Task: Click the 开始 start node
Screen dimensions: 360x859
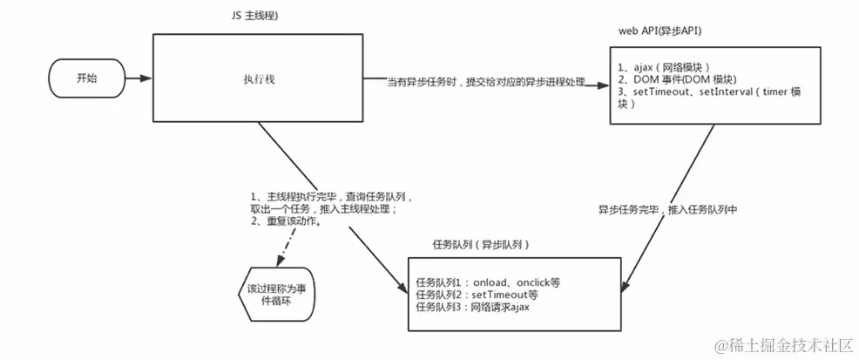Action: tap(86, 78)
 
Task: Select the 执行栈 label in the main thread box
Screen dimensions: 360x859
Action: tap(255, 78)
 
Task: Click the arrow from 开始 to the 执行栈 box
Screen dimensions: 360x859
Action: tap(139, 78)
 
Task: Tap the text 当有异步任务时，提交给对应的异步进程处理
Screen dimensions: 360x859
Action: tap(485, 83)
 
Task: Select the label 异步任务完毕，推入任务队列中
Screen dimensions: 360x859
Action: tap(667, 211)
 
